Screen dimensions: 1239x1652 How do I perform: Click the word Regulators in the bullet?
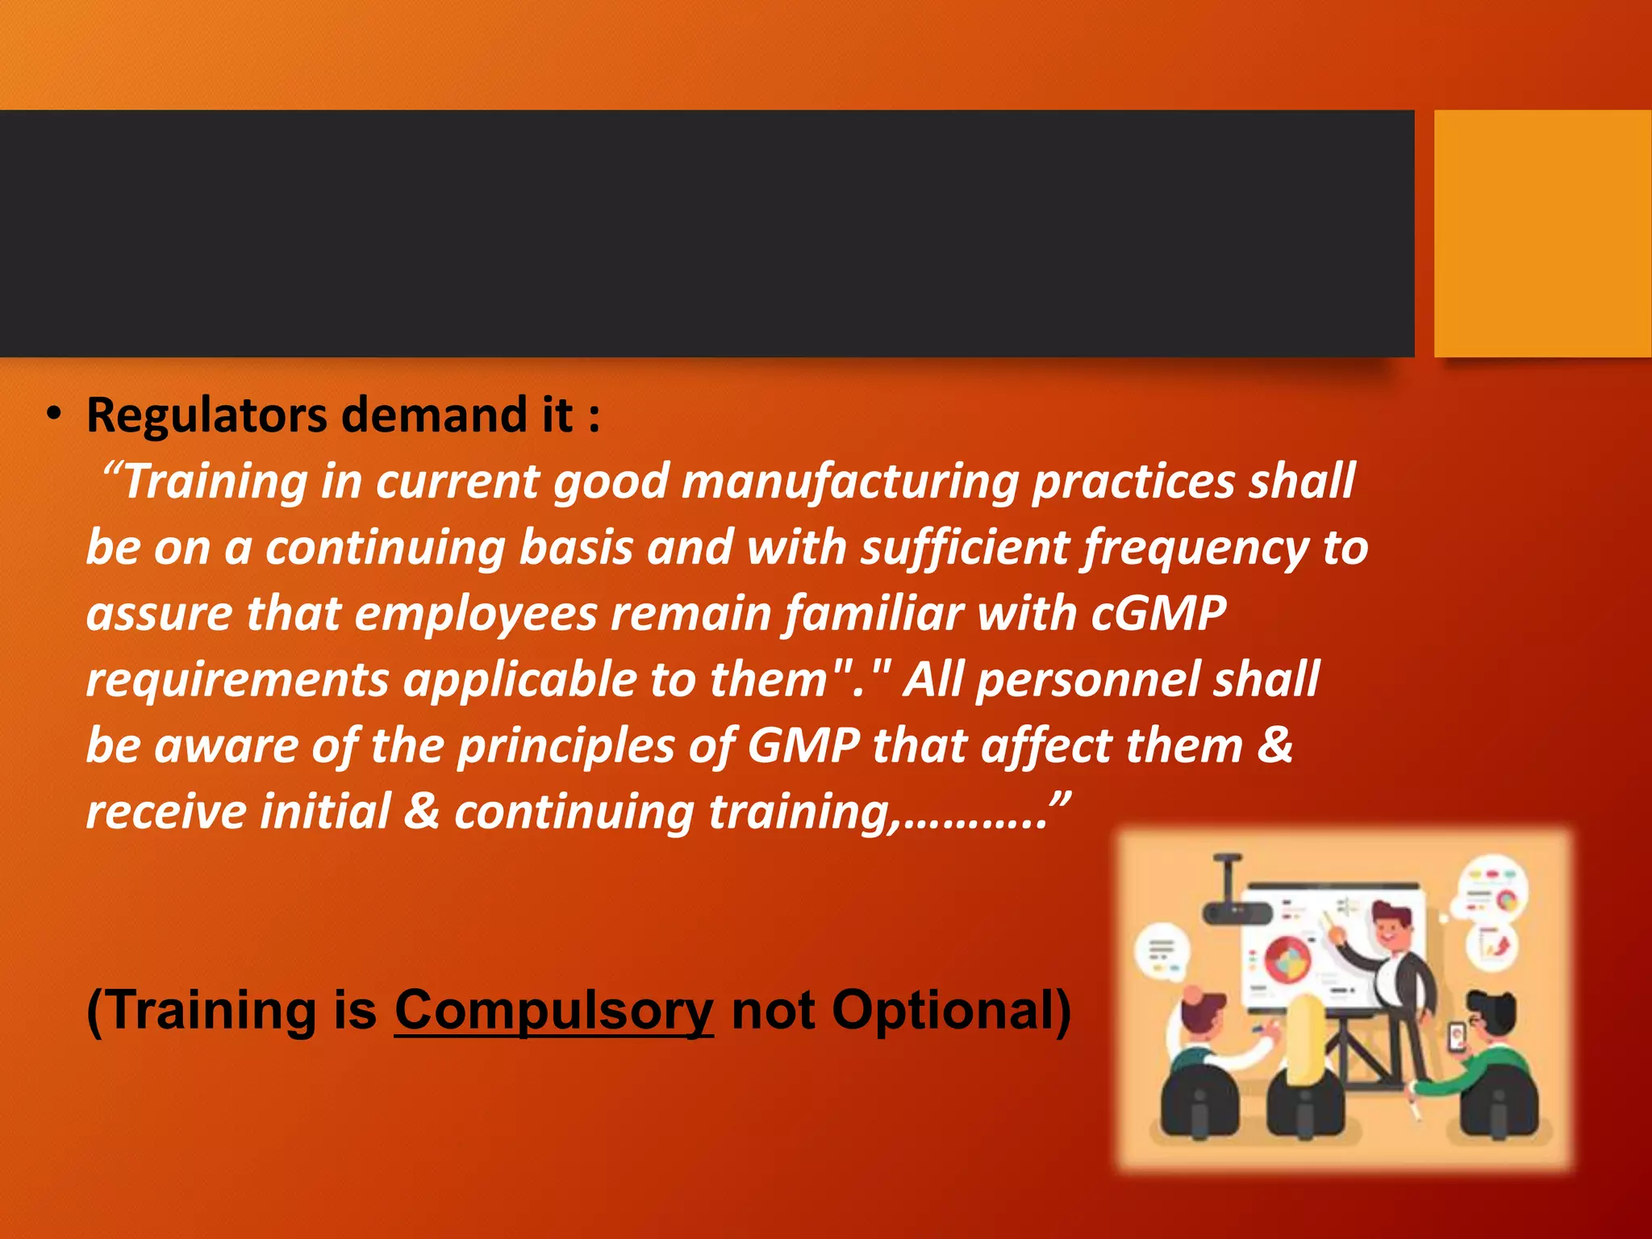pyautogui.click(x=206, y=415)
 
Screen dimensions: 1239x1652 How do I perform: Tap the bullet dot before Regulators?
pyautogui.click(x=53, y=415)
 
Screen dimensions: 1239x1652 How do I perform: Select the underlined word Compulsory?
pyautogui.click(x=553, y=1010)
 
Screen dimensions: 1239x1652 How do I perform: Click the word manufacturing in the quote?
pyautogui.click(x=849, y=482)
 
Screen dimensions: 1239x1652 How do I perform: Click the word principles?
pyautogui.click(x=565, y=745)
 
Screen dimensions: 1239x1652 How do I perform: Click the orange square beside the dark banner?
pyautogui.click(x=1541, y=233)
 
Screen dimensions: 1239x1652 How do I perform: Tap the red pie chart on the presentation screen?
pyautogui.click(x=1288, y=960)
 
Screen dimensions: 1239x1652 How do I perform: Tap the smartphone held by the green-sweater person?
pyautogui.click(x=1457, y=1036)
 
